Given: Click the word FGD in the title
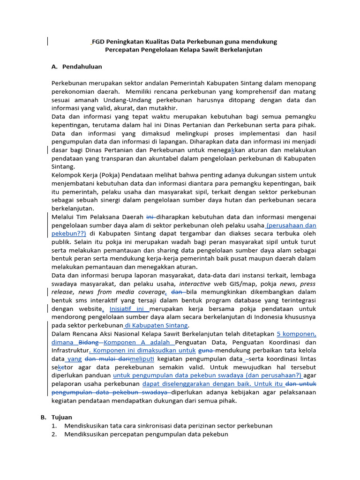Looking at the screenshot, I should point(98,42).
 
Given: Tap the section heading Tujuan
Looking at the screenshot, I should point(62,417).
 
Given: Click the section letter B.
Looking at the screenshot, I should point(43,417).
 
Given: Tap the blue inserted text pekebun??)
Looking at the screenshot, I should point(69,233).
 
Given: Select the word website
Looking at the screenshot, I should point(87,309).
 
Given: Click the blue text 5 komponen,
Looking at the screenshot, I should point(296,334).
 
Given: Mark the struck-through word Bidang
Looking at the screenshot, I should point(88,342).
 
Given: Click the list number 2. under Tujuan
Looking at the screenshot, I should point(54,434).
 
